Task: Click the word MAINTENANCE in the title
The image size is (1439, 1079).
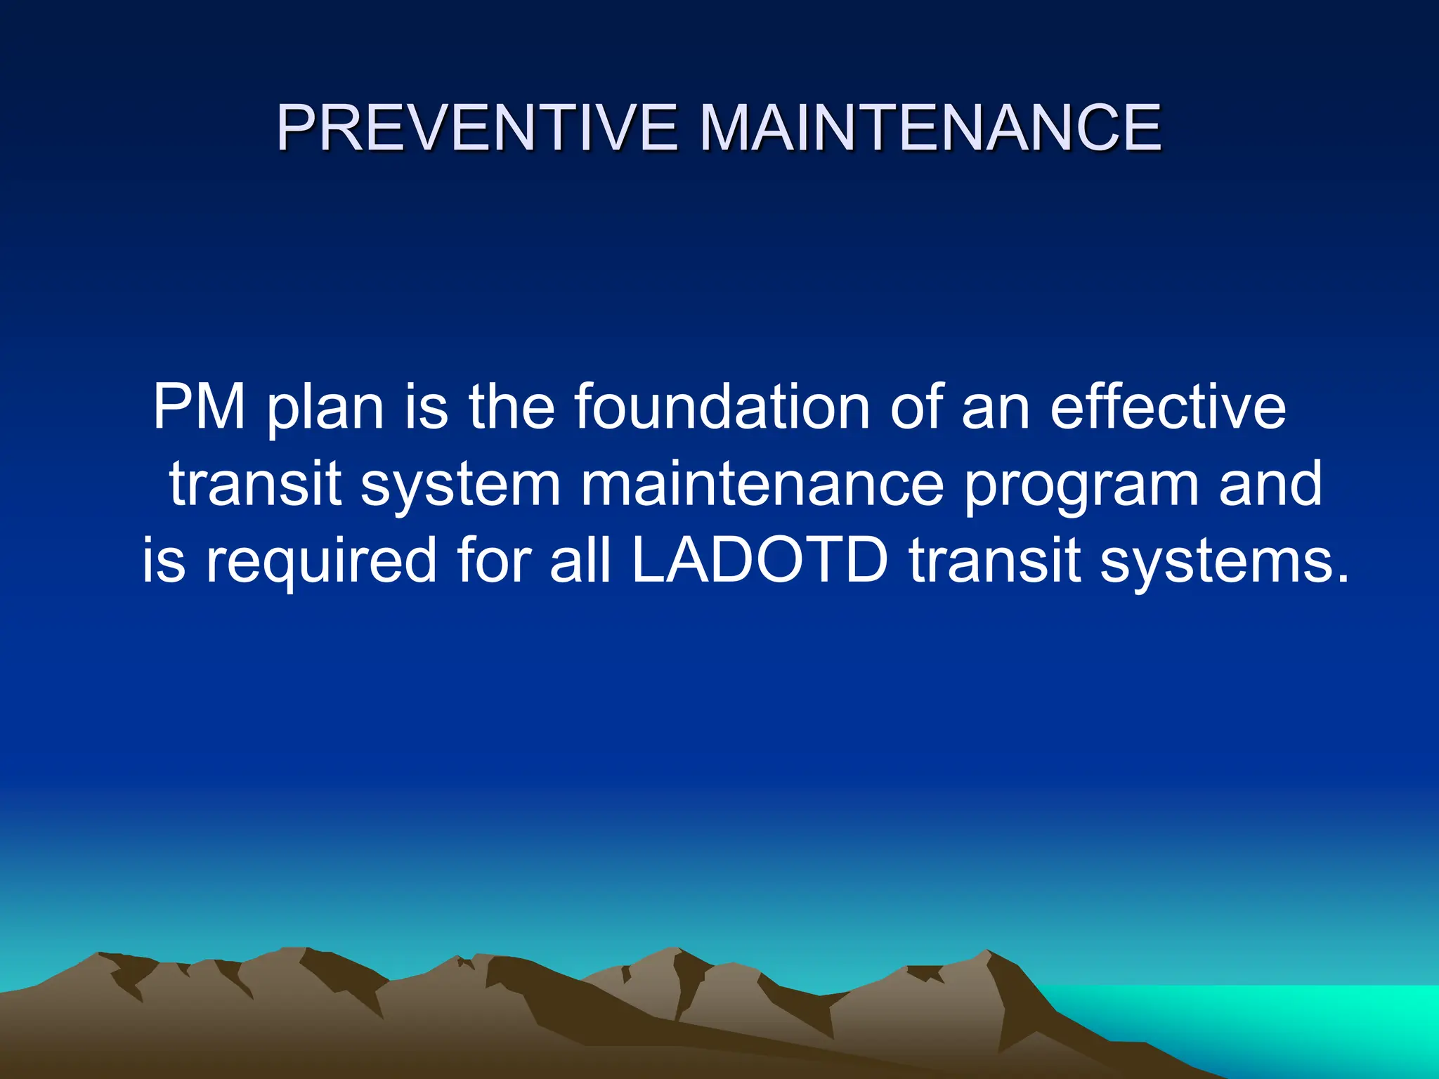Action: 931,128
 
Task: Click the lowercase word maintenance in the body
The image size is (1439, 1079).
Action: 762,484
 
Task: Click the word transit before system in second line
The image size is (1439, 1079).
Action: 256,484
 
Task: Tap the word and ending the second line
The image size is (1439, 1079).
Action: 1270,484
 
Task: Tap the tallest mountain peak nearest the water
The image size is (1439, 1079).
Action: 987,953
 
